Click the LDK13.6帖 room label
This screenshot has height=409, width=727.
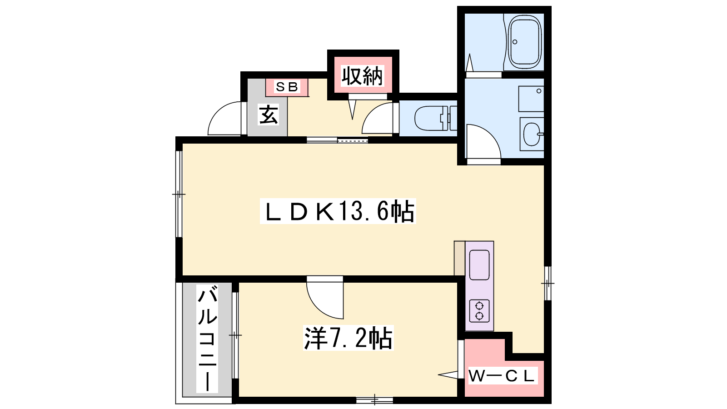pos(338,211)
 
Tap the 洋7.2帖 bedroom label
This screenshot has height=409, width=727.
pos(348,338)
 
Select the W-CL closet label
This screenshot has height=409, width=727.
pos(502,376)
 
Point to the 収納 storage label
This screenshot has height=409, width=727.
pos(362,75)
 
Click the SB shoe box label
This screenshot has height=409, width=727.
pos(287,87)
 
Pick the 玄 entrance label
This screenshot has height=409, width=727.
pos(268,115)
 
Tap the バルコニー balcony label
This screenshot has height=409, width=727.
pos(207,339)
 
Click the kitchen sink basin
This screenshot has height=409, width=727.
pos(479,265)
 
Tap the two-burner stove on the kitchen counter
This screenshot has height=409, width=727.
pos(479,311)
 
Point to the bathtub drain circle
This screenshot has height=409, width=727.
pos(515,42)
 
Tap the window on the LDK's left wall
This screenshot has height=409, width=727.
pos(179,194)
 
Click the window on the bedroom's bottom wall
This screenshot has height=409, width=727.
pos(374,400)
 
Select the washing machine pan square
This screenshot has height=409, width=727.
pos(531,99)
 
